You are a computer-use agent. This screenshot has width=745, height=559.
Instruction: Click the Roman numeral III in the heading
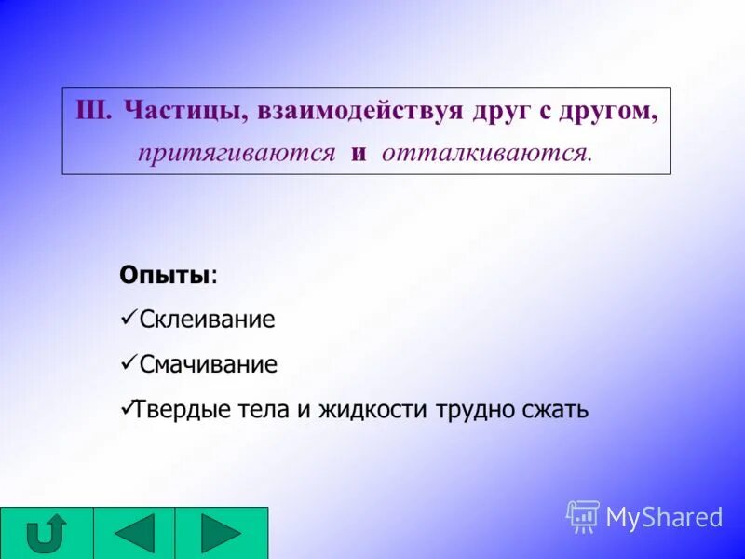point(93,112)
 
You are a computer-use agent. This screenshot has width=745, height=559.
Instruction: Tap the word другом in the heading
point(608,112)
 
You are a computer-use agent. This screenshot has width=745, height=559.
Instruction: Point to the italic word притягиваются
point(237,153)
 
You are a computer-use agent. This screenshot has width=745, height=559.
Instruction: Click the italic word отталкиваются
point(485,153)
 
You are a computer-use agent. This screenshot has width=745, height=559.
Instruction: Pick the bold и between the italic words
point(359,153)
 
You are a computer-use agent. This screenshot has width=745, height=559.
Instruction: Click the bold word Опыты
point(164,276)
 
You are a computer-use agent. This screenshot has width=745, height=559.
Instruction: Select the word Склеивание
point(207,320)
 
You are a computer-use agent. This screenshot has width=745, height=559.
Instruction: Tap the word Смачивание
point(208,364)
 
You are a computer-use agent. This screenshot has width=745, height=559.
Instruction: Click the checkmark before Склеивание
point(129,319)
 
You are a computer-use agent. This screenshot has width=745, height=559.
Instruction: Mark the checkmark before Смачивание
point(129,363)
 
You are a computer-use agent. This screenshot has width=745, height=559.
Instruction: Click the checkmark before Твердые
point(129,408)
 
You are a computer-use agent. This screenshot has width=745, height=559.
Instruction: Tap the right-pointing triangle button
point(221,534)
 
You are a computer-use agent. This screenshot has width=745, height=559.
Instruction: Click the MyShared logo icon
point(583,516)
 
